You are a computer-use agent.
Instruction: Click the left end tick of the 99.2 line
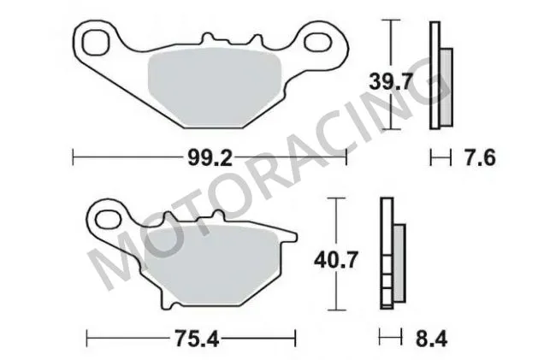74,157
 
